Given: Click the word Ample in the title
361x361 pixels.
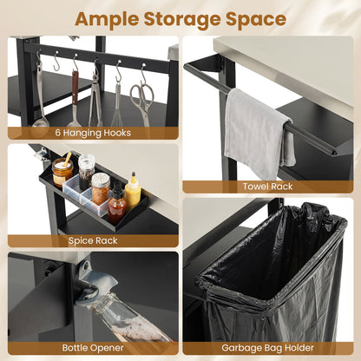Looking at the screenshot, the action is pyautogui.click(x=107, y=20).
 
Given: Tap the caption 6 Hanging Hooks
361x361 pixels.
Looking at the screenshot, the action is pyautogui.click(x=93, y=133).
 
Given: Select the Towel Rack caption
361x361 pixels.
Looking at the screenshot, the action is pyautogui.click(x=267, y=187).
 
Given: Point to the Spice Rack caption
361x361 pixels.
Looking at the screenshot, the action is pyautogui.click(x=93, y=240).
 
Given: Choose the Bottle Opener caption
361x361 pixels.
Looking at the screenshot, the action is pyautogui.click(x=93, y=348).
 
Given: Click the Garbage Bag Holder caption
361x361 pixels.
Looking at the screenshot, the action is pyautogui.click(x=267, y=348).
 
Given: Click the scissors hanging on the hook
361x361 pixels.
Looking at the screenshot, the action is pyautogui.click(x=142, y=102).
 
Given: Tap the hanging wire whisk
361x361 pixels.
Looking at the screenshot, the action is pyautogui.click(x=116, y=106).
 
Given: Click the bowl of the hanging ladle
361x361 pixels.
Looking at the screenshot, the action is pyautogui.click(x=41, y=122).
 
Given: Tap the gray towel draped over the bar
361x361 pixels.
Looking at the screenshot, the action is pyautogui.click(x=258, y=133).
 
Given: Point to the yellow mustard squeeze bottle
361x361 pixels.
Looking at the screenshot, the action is pyautogui.click(x=133, y=193).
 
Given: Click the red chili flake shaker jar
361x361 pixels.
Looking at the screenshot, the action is pyautogui.click(x=101, y=188).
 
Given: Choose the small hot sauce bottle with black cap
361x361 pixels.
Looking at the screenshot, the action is pyautogui.click(x=117, y=204).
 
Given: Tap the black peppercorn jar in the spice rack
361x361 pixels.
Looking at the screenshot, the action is pyautogui.click(x=86, y=172).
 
